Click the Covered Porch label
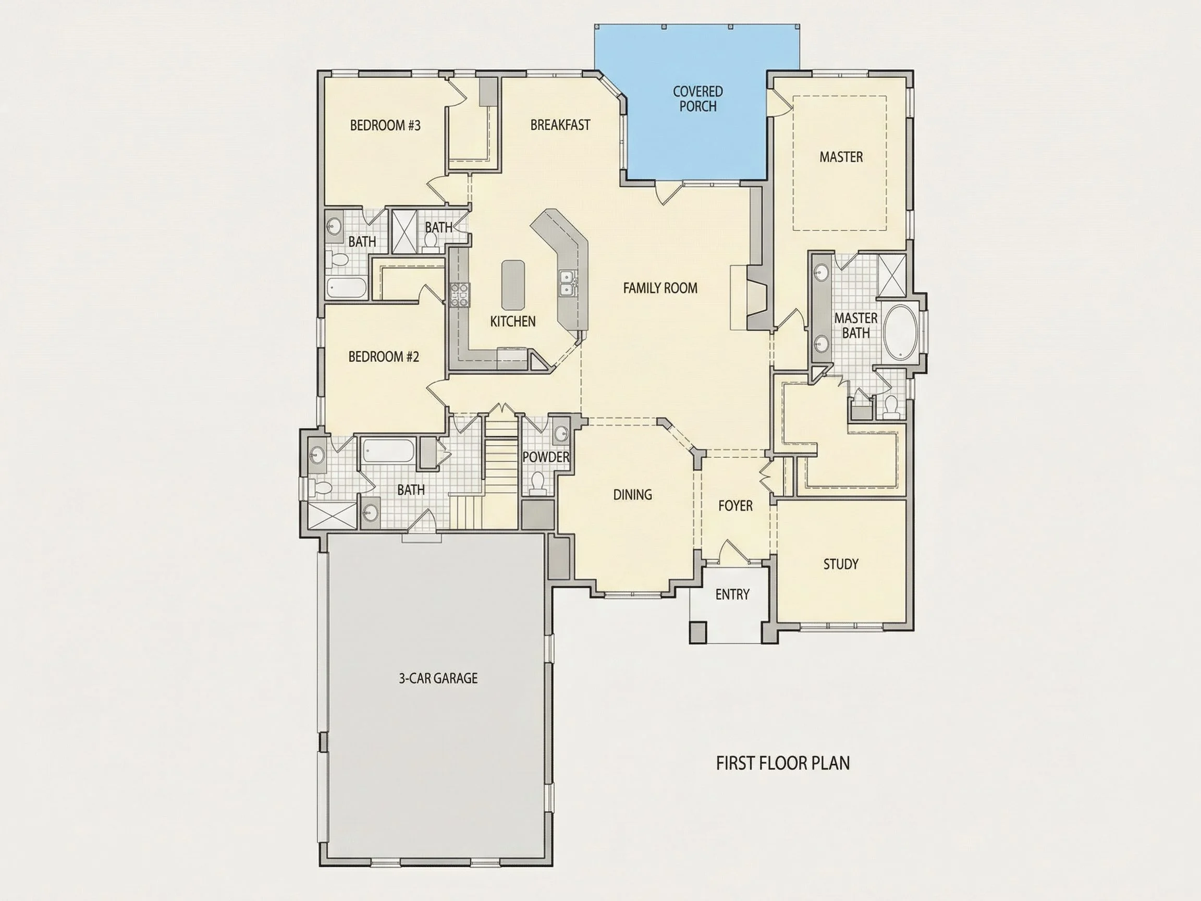pyautogui.click(x=697, y=99)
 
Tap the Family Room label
pyautogui.click(x=660, y=288)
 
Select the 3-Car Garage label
pyautogui.click(x=438, y=678)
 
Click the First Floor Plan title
pyautogui.click(x=783, y=763)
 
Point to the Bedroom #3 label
pyautogui.click(x=385, y=126)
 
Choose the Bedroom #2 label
pyautogui.click(x=383, y=357)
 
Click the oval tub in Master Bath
pyautogui.click(x=900, y=332)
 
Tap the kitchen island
pyautogui.click(x=513, y=285)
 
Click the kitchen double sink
pyautogui.click(x=567, y=284)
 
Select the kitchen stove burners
pyautogui.click(x=459, y=295)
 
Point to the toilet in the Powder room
pyautogui.click(x=537, y=483)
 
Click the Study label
pyautogui.click(x=840, y=564)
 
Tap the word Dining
pyautogui.click(x=632, y=495)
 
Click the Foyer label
pyautogui.click(x=735, y=506)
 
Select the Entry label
pyautogui.click(x=732, y=595)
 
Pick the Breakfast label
pyautogui.click(x=560, y=125)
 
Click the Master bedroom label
pyautogui.click(x=841, y=157)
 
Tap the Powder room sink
pyautogui.click(x=561, y=433)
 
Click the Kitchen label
pyautogui.click(x=512, y=322)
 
